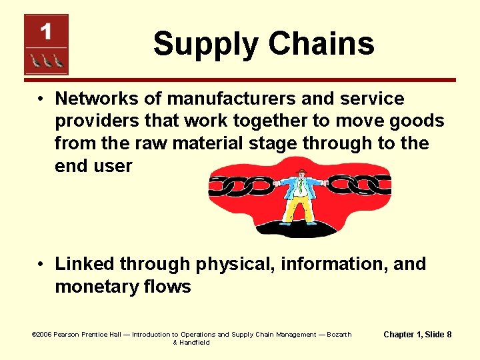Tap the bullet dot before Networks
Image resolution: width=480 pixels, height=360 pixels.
pyautogui.click(x=41, y=99)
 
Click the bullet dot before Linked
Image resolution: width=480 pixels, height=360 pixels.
pyautogui.click(x=41, y=265)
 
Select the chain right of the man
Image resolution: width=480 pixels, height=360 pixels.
pyautogui.click(x=357, y=183)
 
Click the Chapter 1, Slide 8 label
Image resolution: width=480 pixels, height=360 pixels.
pyautogui.click(x=418, y=333)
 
